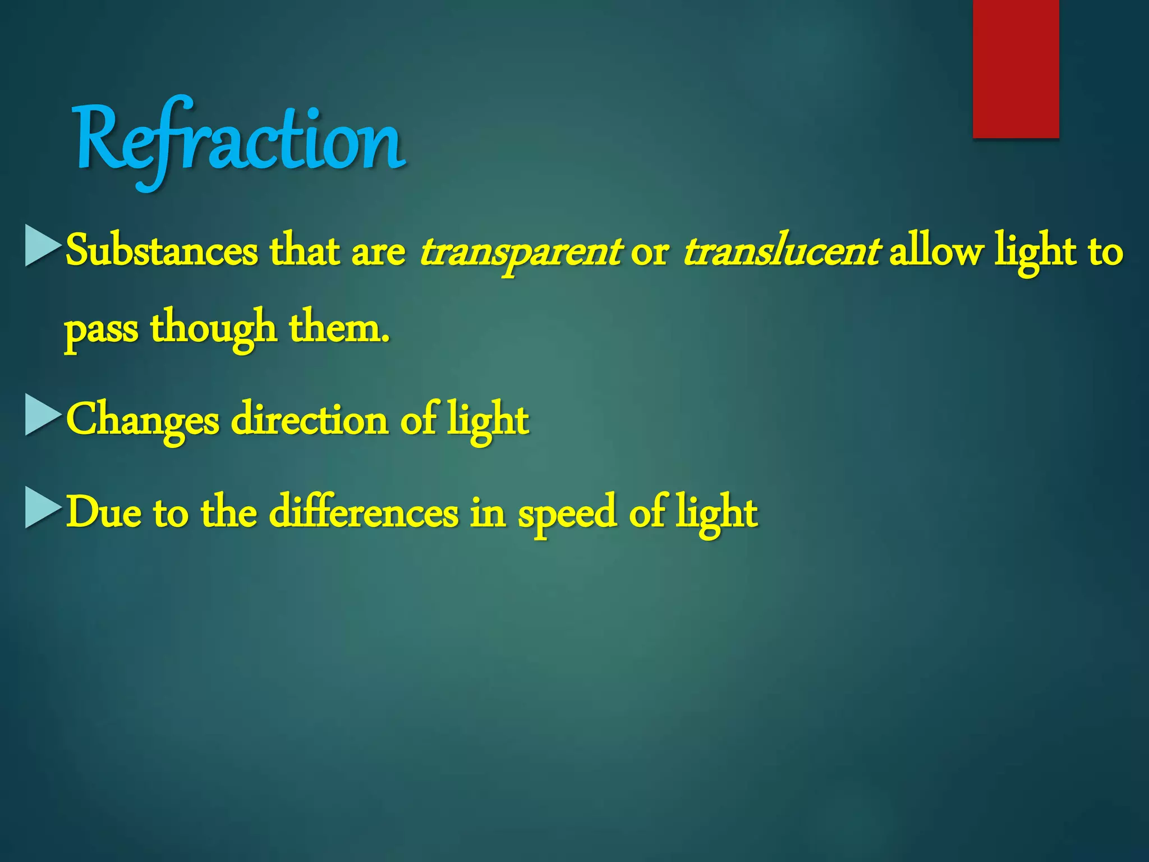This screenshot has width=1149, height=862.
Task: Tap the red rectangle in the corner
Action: click(x=1015, y=68)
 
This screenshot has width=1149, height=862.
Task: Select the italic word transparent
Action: click(x=520, y=252)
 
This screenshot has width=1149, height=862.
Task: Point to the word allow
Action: click(x=936, y=251)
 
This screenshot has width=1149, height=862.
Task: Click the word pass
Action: click(x=101, y=329)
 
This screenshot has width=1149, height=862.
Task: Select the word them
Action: click(x=339, y=327)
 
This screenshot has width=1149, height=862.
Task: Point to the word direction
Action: click(x=310, y=419)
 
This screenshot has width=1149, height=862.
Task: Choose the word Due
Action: click(x=103, y=512)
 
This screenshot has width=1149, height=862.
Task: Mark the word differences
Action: click(x=364, y=512)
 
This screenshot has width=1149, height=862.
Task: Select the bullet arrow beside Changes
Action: click(x=43, y=415)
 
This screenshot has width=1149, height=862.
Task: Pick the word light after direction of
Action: click(x=488, y=420)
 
